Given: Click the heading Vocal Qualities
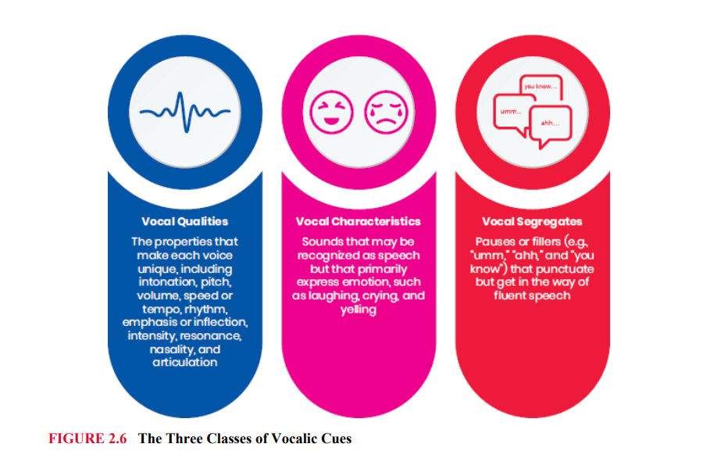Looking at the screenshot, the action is point(185,221).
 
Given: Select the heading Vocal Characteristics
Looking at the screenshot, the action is point(359,221).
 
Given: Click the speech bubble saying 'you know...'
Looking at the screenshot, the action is point(540,88).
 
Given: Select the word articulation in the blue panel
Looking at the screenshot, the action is point(185,363).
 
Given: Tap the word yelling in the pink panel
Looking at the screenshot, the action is point(359,309).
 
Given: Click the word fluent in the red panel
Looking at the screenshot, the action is point(515,295).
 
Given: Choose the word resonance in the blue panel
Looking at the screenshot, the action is point(213,335).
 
